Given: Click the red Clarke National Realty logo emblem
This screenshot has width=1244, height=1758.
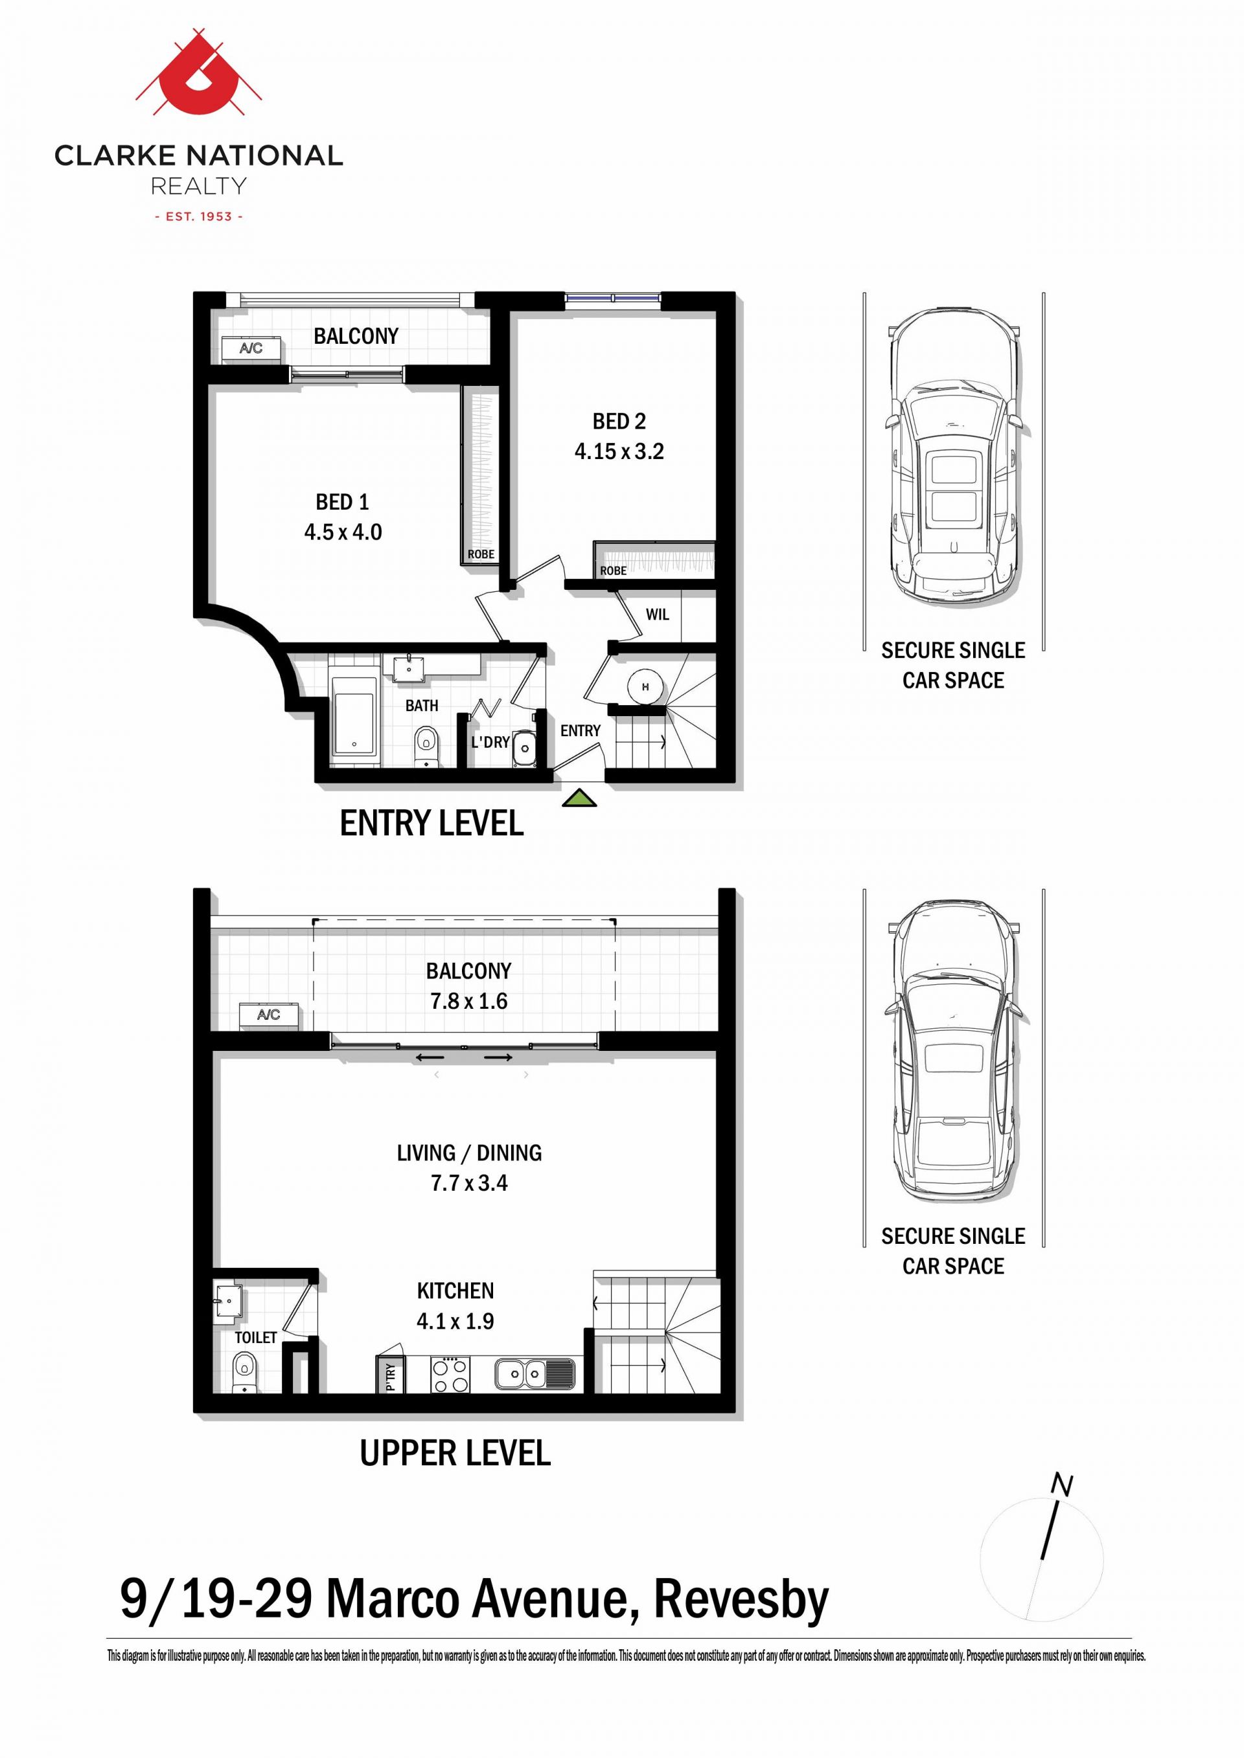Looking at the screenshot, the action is coord(199,84).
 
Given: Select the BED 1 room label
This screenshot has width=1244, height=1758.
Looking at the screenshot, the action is coord(342,502).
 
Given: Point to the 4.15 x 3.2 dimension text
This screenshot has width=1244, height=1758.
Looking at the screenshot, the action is coord(619,452).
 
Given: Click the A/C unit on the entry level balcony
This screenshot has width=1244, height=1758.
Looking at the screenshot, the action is coord(251,348).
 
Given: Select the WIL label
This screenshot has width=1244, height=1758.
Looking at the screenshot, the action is coord(657,614).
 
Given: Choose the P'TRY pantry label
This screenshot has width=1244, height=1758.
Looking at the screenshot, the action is coord(390,1376).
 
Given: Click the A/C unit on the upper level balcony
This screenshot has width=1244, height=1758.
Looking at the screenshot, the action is coord(268,1015).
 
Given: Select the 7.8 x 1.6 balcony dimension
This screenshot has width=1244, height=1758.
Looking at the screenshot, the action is coord(469,1001).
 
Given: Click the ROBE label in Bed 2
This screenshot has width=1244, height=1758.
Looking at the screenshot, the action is coord(614,570).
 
